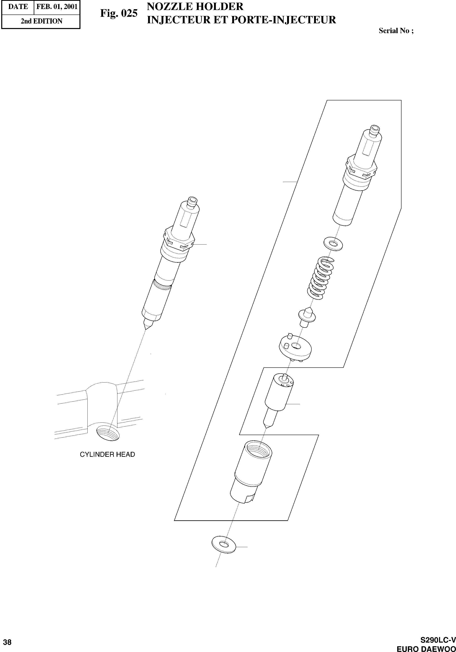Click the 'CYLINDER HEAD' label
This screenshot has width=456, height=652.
pyautogui.click(x=107, y=454)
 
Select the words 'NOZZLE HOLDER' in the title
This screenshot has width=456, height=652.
pyautogui.click(x=195, y=7)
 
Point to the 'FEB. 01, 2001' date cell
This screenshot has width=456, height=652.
pyautogui.click(x=57, y=7)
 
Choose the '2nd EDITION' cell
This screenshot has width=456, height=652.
pyautogui.click(x=41, y=21)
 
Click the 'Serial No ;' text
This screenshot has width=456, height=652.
pyautogui.click(x=396, y=31)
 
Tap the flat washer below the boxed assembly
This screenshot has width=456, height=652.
pyautogui.click(x=224, y=544)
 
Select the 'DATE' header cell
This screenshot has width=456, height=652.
pyautogui.click(x=18, y=7)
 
